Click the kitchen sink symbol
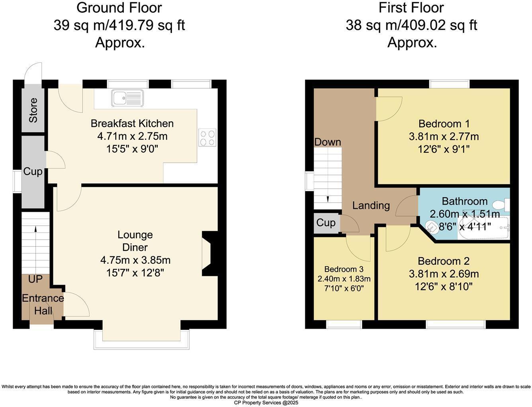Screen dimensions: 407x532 pyautogui.click(x=127, y=98)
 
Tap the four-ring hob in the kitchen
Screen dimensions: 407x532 pyautogui.click(x=207, y=138)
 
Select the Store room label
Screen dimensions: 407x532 pyautogui.click(x=33, y=110)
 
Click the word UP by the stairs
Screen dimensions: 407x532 pyautogui.click(x=35, y=279)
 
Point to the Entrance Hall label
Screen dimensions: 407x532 pyautogui.click(x=43, y=304)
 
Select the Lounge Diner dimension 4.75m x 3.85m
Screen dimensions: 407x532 pyautogui.click(x=135, y=260)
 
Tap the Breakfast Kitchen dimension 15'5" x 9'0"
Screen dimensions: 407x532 pyautogui.click(x=132, y=149)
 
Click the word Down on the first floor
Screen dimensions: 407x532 pyautogui.click(x=328, y=142)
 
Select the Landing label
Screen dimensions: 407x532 pyautogui.click(x=371, y=205)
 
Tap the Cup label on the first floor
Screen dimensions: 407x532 pyautogui.click(x=326, y=223)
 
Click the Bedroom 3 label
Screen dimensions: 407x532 pyautogui.click(x=343, y=269)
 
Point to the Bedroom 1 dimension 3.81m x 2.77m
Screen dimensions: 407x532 pyautogui.click(x=444, y=137)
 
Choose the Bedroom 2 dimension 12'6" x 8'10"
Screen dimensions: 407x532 pyautogui.click(x=444, y=287)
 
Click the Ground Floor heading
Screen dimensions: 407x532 pyautogui.click(x=119, y=8)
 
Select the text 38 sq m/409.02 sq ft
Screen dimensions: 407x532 pyautogui.click(x=411, y=25)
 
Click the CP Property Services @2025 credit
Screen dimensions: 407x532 pyautogui.click(x=266, y=403)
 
